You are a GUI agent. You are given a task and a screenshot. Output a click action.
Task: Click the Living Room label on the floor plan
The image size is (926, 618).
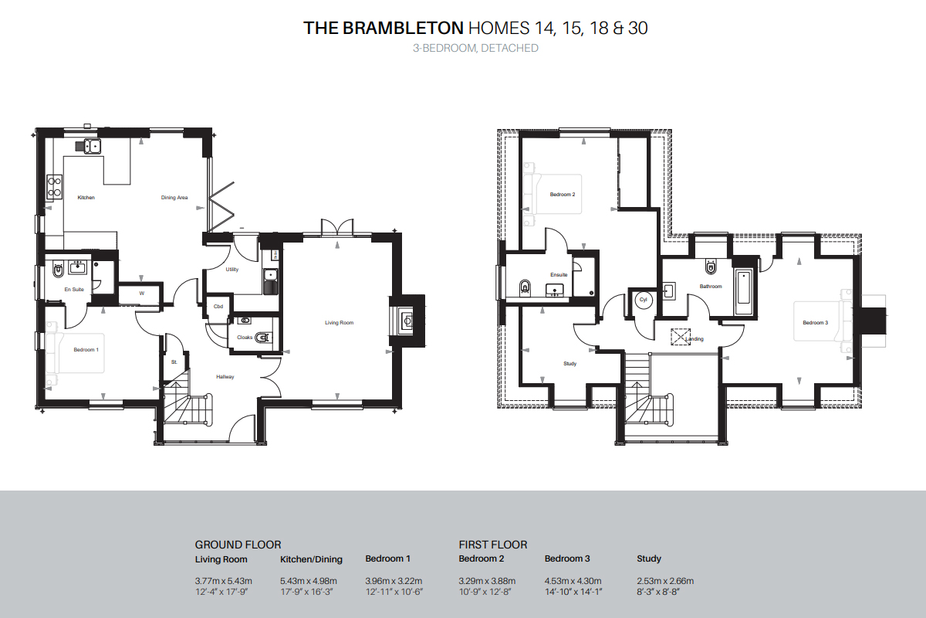339,322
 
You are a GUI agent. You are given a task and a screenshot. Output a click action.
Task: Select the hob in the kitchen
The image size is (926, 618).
55,187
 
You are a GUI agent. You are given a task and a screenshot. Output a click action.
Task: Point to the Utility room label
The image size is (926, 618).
232,270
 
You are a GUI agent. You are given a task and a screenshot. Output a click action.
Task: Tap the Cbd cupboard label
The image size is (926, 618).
218,307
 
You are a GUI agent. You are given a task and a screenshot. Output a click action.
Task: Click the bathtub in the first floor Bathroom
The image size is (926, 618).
744,292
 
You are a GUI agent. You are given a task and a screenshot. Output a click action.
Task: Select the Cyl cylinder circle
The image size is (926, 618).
643,300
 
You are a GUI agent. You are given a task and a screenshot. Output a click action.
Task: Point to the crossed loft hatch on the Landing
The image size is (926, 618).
681,337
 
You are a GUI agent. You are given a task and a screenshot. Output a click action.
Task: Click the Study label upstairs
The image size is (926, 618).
569,363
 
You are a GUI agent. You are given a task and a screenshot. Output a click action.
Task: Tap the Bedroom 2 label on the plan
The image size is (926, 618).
563,194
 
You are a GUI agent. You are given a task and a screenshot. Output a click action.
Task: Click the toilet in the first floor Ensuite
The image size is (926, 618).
525,287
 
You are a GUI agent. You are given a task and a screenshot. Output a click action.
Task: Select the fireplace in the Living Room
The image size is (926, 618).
407,321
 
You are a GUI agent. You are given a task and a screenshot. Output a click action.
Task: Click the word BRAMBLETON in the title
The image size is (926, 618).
403,28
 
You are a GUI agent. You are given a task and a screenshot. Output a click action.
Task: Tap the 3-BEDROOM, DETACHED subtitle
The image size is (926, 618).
475,48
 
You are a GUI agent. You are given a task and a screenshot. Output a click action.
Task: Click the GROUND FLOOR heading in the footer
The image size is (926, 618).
238,545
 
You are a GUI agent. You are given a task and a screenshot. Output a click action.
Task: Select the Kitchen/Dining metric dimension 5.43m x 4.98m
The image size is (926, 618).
309,581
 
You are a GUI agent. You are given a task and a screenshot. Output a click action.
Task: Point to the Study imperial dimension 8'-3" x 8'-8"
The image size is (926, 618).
658,592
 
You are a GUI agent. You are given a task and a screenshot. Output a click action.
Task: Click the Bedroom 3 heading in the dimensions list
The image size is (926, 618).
567,559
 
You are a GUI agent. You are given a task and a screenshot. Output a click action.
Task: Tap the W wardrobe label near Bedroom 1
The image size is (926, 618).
142,294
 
